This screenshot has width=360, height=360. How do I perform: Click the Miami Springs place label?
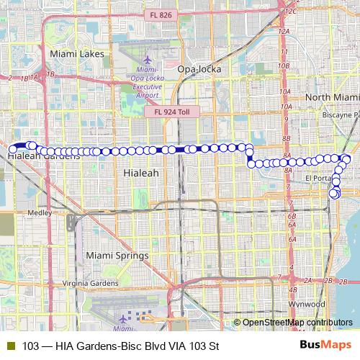coord(117,256)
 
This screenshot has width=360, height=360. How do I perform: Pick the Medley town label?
coord(39,213)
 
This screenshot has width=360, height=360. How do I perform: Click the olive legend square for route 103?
coord(10,346)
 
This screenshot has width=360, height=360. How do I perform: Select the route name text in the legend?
coord(120,346)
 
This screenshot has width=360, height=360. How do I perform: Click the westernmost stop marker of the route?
coord(12,149)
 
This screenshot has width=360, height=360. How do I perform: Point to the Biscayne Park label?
coord(342,114)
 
